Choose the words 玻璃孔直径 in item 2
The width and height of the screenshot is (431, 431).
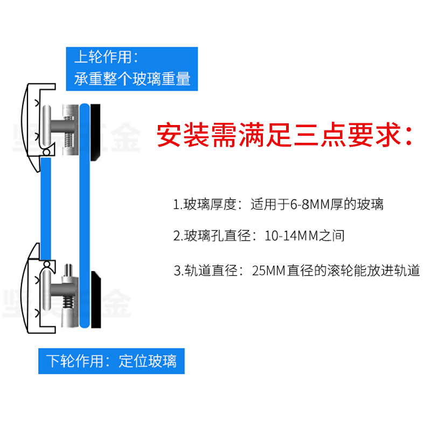pyautogui.click(x=212, y=236)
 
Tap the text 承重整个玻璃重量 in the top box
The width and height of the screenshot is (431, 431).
pyautogui.click(x=133, y=80)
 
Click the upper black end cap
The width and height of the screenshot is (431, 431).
pyautogui.click(x=95, y=133)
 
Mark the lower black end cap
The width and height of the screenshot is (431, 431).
pyautogui.click(x=95, y=301)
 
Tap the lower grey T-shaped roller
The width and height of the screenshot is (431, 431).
pyautogui.click(x=52, y=291)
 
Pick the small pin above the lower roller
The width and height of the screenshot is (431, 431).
pyautogui.click(x=68, y=269)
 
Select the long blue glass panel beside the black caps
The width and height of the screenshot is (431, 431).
pyautogui.click(x=84, y=215)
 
